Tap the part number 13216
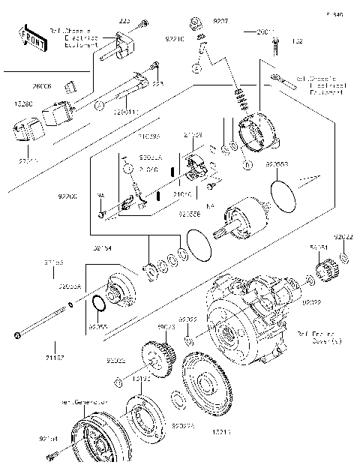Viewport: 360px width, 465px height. tap(201, 433)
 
